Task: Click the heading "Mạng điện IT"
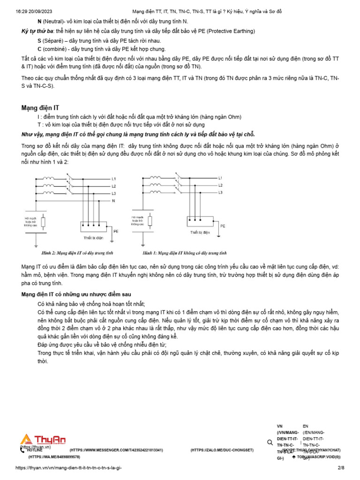[40, 108]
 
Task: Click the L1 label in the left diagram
[113, 179]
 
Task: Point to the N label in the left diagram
[113, 200]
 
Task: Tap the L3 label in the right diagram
[220, 193]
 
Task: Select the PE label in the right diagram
[223, 225]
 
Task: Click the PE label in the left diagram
[116, 231]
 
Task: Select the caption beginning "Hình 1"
[185, 253]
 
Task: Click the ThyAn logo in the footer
[43, 440]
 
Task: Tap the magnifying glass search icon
[270, 442]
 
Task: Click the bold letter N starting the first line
[39, 22]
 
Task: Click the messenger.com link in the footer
[116, 450]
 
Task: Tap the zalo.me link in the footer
[222, 450]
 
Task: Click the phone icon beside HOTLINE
[22, 450]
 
